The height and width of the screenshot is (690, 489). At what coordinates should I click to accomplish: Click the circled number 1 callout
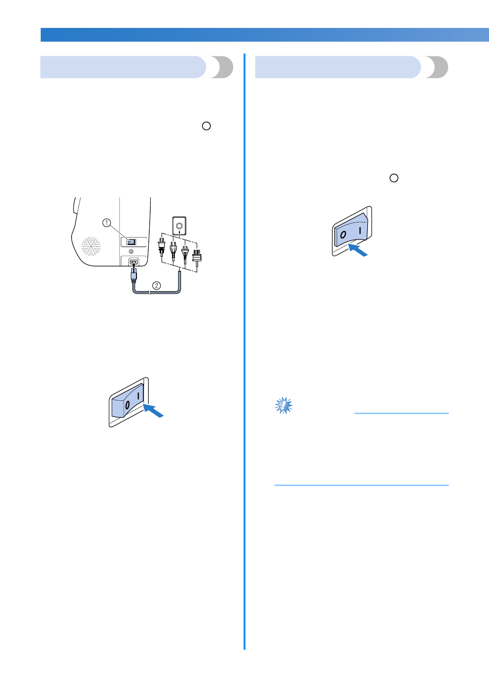point(107,222)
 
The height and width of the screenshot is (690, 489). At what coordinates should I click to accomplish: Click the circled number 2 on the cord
point(156,285)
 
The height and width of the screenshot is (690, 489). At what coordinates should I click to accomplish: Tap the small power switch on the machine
point(131,242)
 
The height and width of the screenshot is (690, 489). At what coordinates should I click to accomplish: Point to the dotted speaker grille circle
point(91,247)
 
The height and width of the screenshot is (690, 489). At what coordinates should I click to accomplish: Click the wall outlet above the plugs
point(179,226)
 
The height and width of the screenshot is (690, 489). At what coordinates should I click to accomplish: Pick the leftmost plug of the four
point(162,248)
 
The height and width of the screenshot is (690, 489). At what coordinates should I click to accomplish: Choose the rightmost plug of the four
point(197,256)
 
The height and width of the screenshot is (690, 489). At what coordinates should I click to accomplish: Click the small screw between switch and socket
point(131,251)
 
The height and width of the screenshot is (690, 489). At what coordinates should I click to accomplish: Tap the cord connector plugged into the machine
point(134,274)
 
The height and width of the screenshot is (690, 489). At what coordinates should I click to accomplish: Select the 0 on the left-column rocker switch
point(127,405)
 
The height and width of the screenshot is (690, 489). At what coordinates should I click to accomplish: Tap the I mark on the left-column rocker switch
point(138,395)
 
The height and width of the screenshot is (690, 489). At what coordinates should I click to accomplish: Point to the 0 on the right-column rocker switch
point(343,235)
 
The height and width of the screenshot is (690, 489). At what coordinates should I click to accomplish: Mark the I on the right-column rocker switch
point(360,230)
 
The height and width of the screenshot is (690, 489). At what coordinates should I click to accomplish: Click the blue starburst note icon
point(284,406)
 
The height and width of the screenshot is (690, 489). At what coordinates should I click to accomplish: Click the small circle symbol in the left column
point(206,126)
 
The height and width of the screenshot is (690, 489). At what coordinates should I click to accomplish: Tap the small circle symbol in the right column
point(394,178)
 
